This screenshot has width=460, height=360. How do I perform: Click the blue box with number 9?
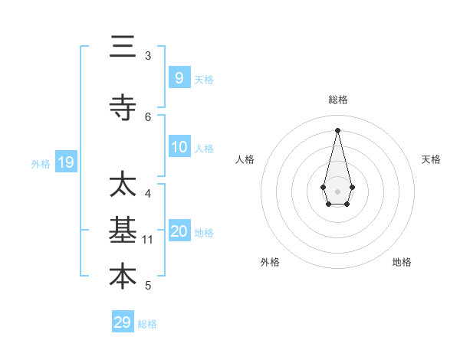click(x=179, y=77)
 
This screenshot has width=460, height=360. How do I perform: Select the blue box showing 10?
click(x=179, y=147)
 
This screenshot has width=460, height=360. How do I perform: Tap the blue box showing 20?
click(x=179, y=232)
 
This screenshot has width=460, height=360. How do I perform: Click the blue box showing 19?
click(x=65, y=162)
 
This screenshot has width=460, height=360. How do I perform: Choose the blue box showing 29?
click(x=123, y=322)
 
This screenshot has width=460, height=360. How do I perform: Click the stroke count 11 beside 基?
click(x=148, y=240)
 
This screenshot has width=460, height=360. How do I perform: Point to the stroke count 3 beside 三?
click(x=148, y=56)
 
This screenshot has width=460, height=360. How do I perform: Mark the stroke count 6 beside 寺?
click(x=148, y=116)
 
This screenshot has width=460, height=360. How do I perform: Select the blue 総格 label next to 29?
click(x=147, y=324)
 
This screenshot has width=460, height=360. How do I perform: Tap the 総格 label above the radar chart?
click(x=337, y=100)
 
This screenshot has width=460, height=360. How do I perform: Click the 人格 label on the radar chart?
click(x=245, y=159)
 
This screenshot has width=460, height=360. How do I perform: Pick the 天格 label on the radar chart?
click(x=431, y=159)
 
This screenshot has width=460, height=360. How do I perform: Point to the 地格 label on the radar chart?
click(x=402, y=262)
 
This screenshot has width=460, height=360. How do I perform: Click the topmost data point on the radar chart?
click(x=337, y=129)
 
